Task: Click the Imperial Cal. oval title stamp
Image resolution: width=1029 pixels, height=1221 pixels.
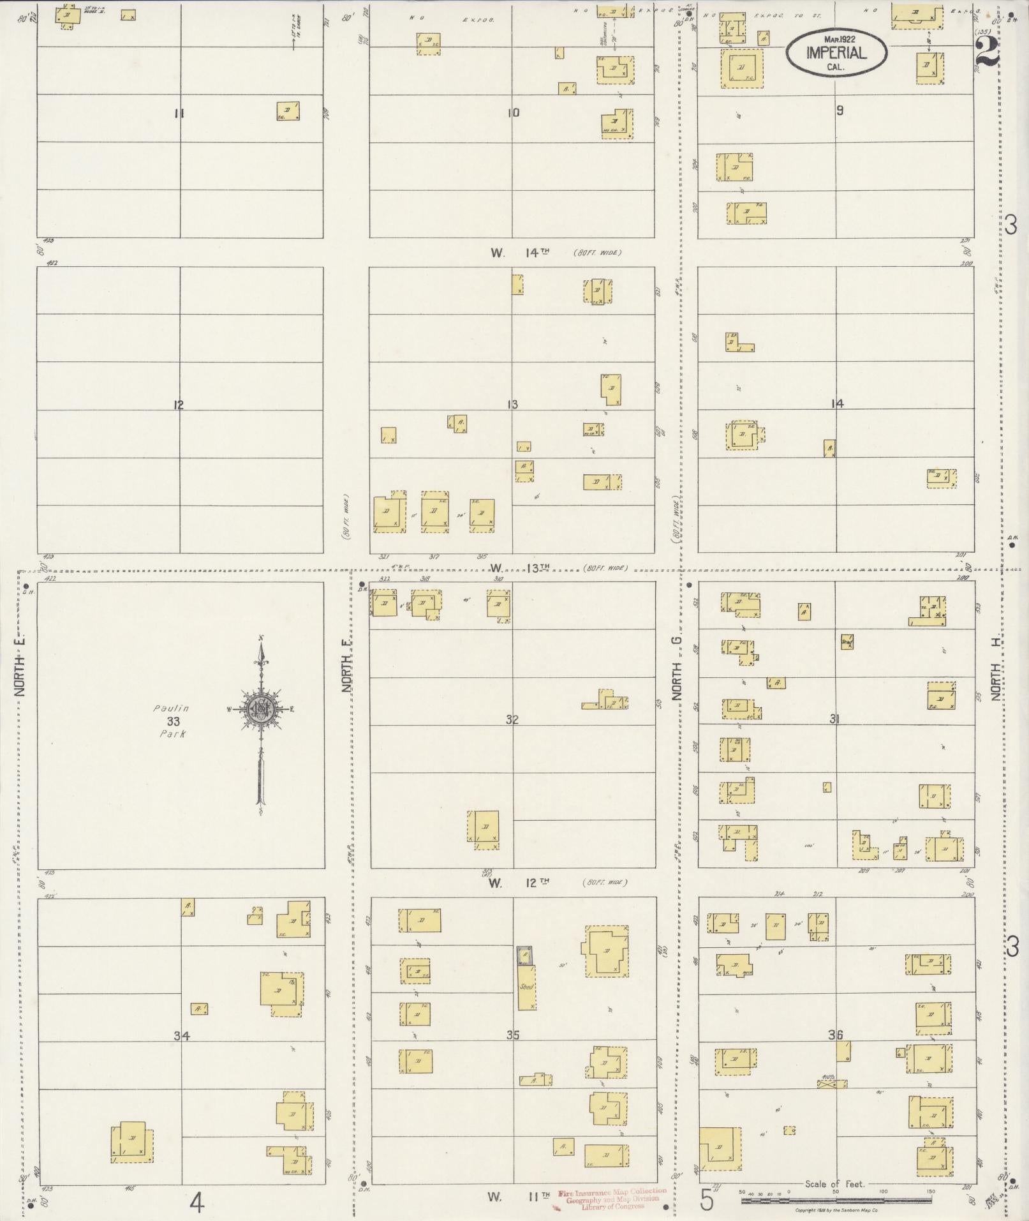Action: point(836,51)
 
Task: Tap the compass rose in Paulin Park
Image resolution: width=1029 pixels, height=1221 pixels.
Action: point(260,709)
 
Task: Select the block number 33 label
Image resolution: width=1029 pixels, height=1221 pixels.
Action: point(174,721)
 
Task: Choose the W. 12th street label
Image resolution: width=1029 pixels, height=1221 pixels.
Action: point(519,883)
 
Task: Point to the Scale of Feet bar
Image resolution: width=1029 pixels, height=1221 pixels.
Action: point(836,1200)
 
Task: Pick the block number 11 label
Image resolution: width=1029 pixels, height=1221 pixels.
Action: point(179,114)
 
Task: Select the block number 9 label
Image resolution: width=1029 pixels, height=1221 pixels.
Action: point(840,110)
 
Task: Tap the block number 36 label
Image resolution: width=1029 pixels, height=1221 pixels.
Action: point(835,1035)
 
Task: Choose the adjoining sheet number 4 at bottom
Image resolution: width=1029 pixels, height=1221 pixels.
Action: point(196,1204)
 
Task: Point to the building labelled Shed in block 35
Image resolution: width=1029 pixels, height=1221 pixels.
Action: point(526,987)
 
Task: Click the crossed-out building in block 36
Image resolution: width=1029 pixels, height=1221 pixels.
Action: point(832,1083)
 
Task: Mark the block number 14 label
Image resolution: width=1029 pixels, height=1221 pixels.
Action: point(838,403)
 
